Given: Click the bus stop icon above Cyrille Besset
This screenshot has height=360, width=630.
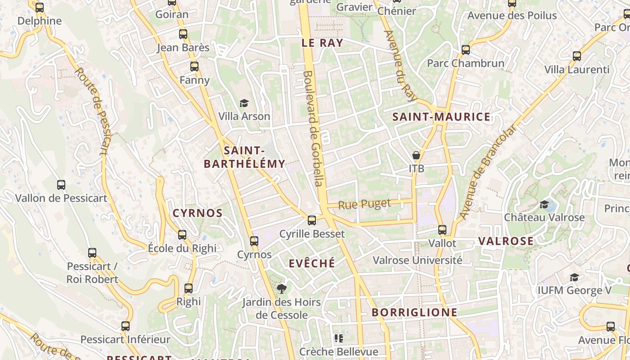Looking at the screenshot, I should (312, 220).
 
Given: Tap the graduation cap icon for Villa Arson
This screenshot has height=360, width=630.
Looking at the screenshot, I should (244, 103).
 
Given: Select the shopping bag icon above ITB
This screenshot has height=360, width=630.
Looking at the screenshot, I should (416, 155).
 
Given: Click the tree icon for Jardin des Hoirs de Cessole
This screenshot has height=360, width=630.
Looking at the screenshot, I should (282, 288).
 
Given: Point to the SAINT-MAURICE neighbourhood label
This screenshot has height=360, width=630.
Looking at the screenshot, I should (441, 117).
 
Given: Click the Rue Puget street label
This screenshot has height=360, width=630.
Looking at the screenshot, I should (364, 204).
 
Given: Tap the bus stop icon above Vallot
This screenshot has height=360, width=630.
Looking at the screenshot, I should (442, 230).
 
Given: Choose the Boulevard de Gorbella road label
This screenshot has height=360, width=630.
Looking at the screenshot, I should (313, 128).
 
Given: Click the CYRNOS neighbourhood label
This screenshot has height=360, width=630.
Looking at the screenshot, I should (198, 213).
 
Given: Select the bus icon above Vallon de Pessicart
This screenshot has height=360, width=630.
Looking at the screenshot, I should (61, 184).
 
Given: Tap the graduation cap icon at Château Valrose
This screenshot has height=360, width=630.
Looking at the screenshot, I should (544, 204).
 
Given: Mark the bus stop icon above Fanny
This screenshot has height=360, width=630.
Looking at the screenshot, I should (194, 67).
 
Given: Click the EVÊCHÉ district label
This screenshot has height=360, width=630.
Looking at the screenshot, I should (312, 263).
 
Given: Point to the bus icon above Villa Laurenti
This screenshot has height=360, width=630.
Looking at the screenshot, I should (577, 56).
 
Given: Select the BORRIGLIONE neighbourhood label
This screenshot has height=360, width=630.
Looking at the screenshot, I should (414, 312).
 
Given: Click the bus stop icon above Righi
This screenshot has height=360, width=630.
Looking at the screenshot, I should (189, 288).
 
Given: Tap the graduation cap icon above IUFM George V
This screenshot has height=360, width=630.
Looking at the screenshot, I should (574, 277).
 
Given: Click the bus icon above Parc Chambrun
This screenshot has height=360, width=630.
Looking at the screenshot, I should (466, 49).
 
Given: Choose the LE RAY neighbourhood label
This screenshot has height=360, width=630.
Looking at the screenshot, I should (322, 43).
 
